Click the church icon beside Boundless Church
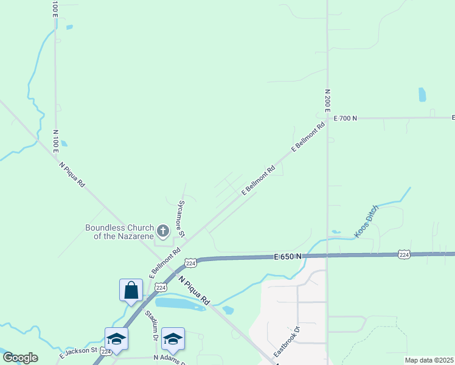tap(162, 231)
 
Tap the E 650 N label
tap(288, 257)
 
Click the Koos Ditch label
tap(367, 221)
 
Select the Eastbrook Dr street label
tap(287, 342)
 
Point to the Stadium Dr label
tap(151, 325)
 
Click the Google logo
tap(20, 358)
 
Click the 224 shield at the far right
tap(404, 254)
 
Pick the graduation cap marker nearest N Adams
tap(173, 339)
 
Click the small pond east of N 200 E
tap(422, 94)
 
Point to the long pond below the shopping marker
tap(179, 304)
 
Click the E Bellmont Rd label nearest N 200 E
tap(309, 137)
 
